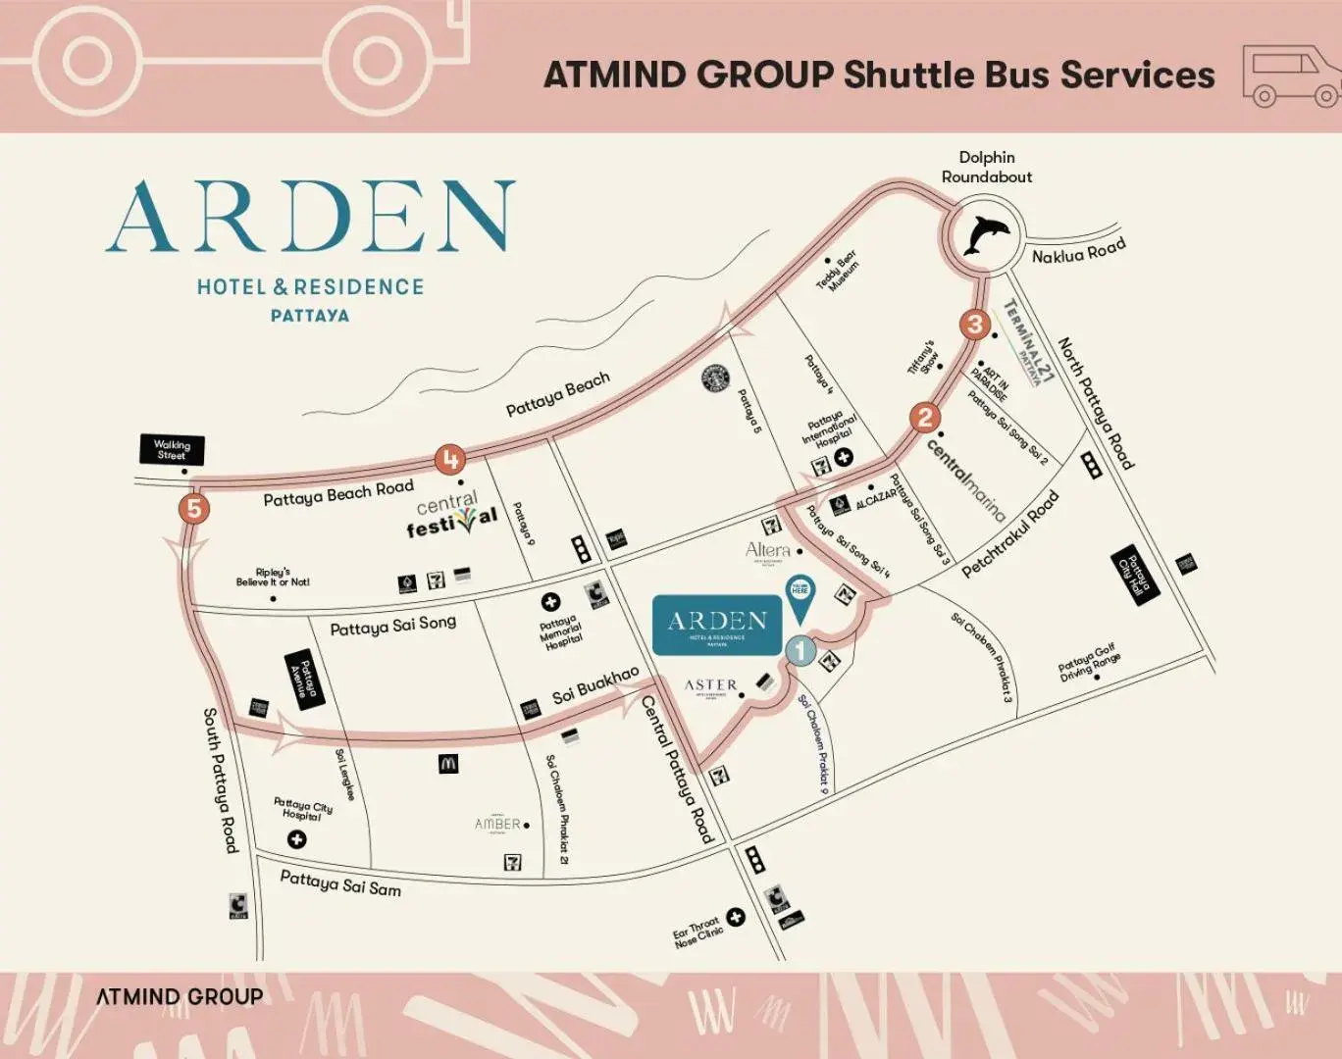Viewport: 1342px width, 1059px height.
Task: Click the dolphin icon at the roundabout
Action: tap(985, 236)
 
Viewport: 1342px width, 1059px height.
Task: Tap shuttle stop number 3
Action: tap(974, 325)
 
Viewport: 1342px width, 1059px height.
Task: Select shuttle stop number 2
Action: tap(924, 419)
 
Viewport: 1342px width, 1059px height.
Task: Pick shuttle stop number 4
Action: tap(450, 459)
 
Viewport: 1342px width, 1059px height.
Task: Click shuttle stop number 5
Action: tap(194, 509)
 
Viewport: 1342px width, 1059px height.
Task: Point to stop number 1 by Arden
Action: tap(800, 649)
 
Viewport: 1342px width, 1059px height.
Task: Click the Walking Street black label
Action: tap(172, 450)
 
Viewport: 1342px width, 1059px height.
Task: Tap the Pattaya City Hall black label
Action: tap(1134, 576)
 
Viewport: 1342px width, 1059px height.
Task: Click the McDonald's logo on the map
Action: tap(448, 764)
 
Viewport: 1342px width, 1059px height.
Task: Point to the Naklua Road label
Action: tap(1078, 252)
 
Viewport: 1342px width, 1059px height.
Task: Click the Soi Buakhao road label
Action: tap(594, 685)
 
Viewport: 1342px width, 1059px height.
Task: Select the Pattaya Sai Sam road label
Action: tap(340, 882)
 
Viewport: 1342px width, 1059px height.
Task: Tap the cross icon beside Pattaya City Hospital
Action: tap(296, 839)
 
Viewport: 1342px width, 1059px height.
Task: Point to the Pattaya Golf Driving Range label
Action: tap(1088, 663)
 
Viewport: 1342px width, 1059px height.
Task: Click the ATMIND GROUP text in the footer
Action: tap(180, 996)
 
